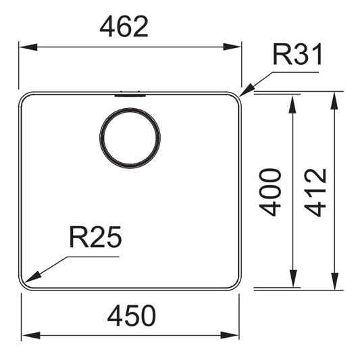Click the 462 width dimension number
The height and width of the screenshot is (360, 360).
click(124, 26)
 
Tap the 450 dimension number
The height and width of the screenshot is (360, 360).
click(132, 315)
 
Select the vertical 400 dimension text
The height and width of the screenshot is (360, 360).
click(270, 192)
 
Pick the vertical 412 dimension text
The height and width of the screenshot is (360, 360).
click(315, 192)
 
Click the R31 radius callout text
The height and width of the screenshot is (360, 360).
click(298, 55)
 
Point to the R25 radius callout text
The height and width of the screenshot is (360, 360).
click(95, 236)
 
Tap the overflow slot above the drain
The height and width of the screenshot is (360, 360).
click(130, 94)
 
